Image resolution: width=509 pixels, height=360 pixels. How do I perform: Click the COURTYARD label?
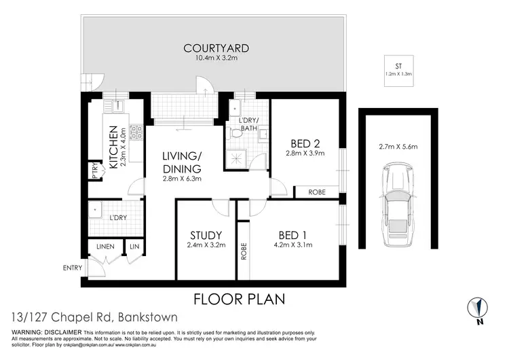click(216, 48)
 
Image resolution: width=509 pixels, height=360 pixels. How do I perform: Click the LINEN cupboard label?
click(105, 246)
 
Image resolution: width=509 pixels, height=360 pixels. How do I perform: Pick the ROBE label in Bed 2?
click(317, 192)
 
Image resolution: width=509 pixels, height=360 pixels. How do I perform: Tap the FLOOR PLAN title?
click(239, 298)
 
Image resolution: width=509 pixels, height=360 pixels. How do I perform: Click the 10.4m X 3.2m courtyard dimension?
click(216, 58)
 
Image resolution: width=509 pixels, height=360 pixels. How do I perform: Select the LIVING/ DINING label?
click(181, 162)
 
